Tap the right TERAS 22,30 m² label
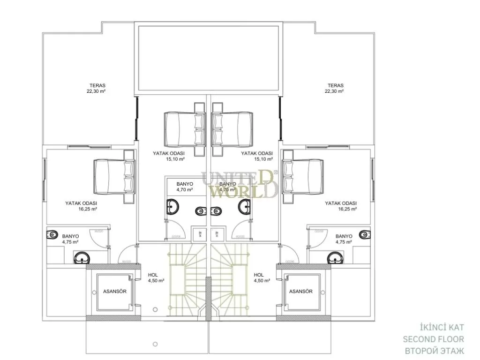tap(336, 89)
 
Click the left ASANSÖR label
tap(115, 291)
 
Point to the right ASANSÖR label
tap(301, 291)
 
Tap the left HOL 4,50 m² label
tap(156, 278)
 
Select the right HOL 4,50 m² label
tap(261, 278)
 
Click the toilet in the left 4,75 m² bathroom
tap(52, 234)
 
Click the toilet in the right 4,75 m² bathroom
tap(365, 234)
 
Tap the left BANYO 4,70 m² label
tap(184, 187)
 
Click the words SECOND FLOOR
tap(434, 339)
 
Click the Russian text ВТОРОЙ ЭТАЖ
tap(434, 351)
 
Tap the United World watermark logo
tap(240, 184)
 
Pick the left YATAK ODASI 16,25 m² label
tap(81, 206)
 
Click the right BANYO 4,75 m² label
tap(344, 239)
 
